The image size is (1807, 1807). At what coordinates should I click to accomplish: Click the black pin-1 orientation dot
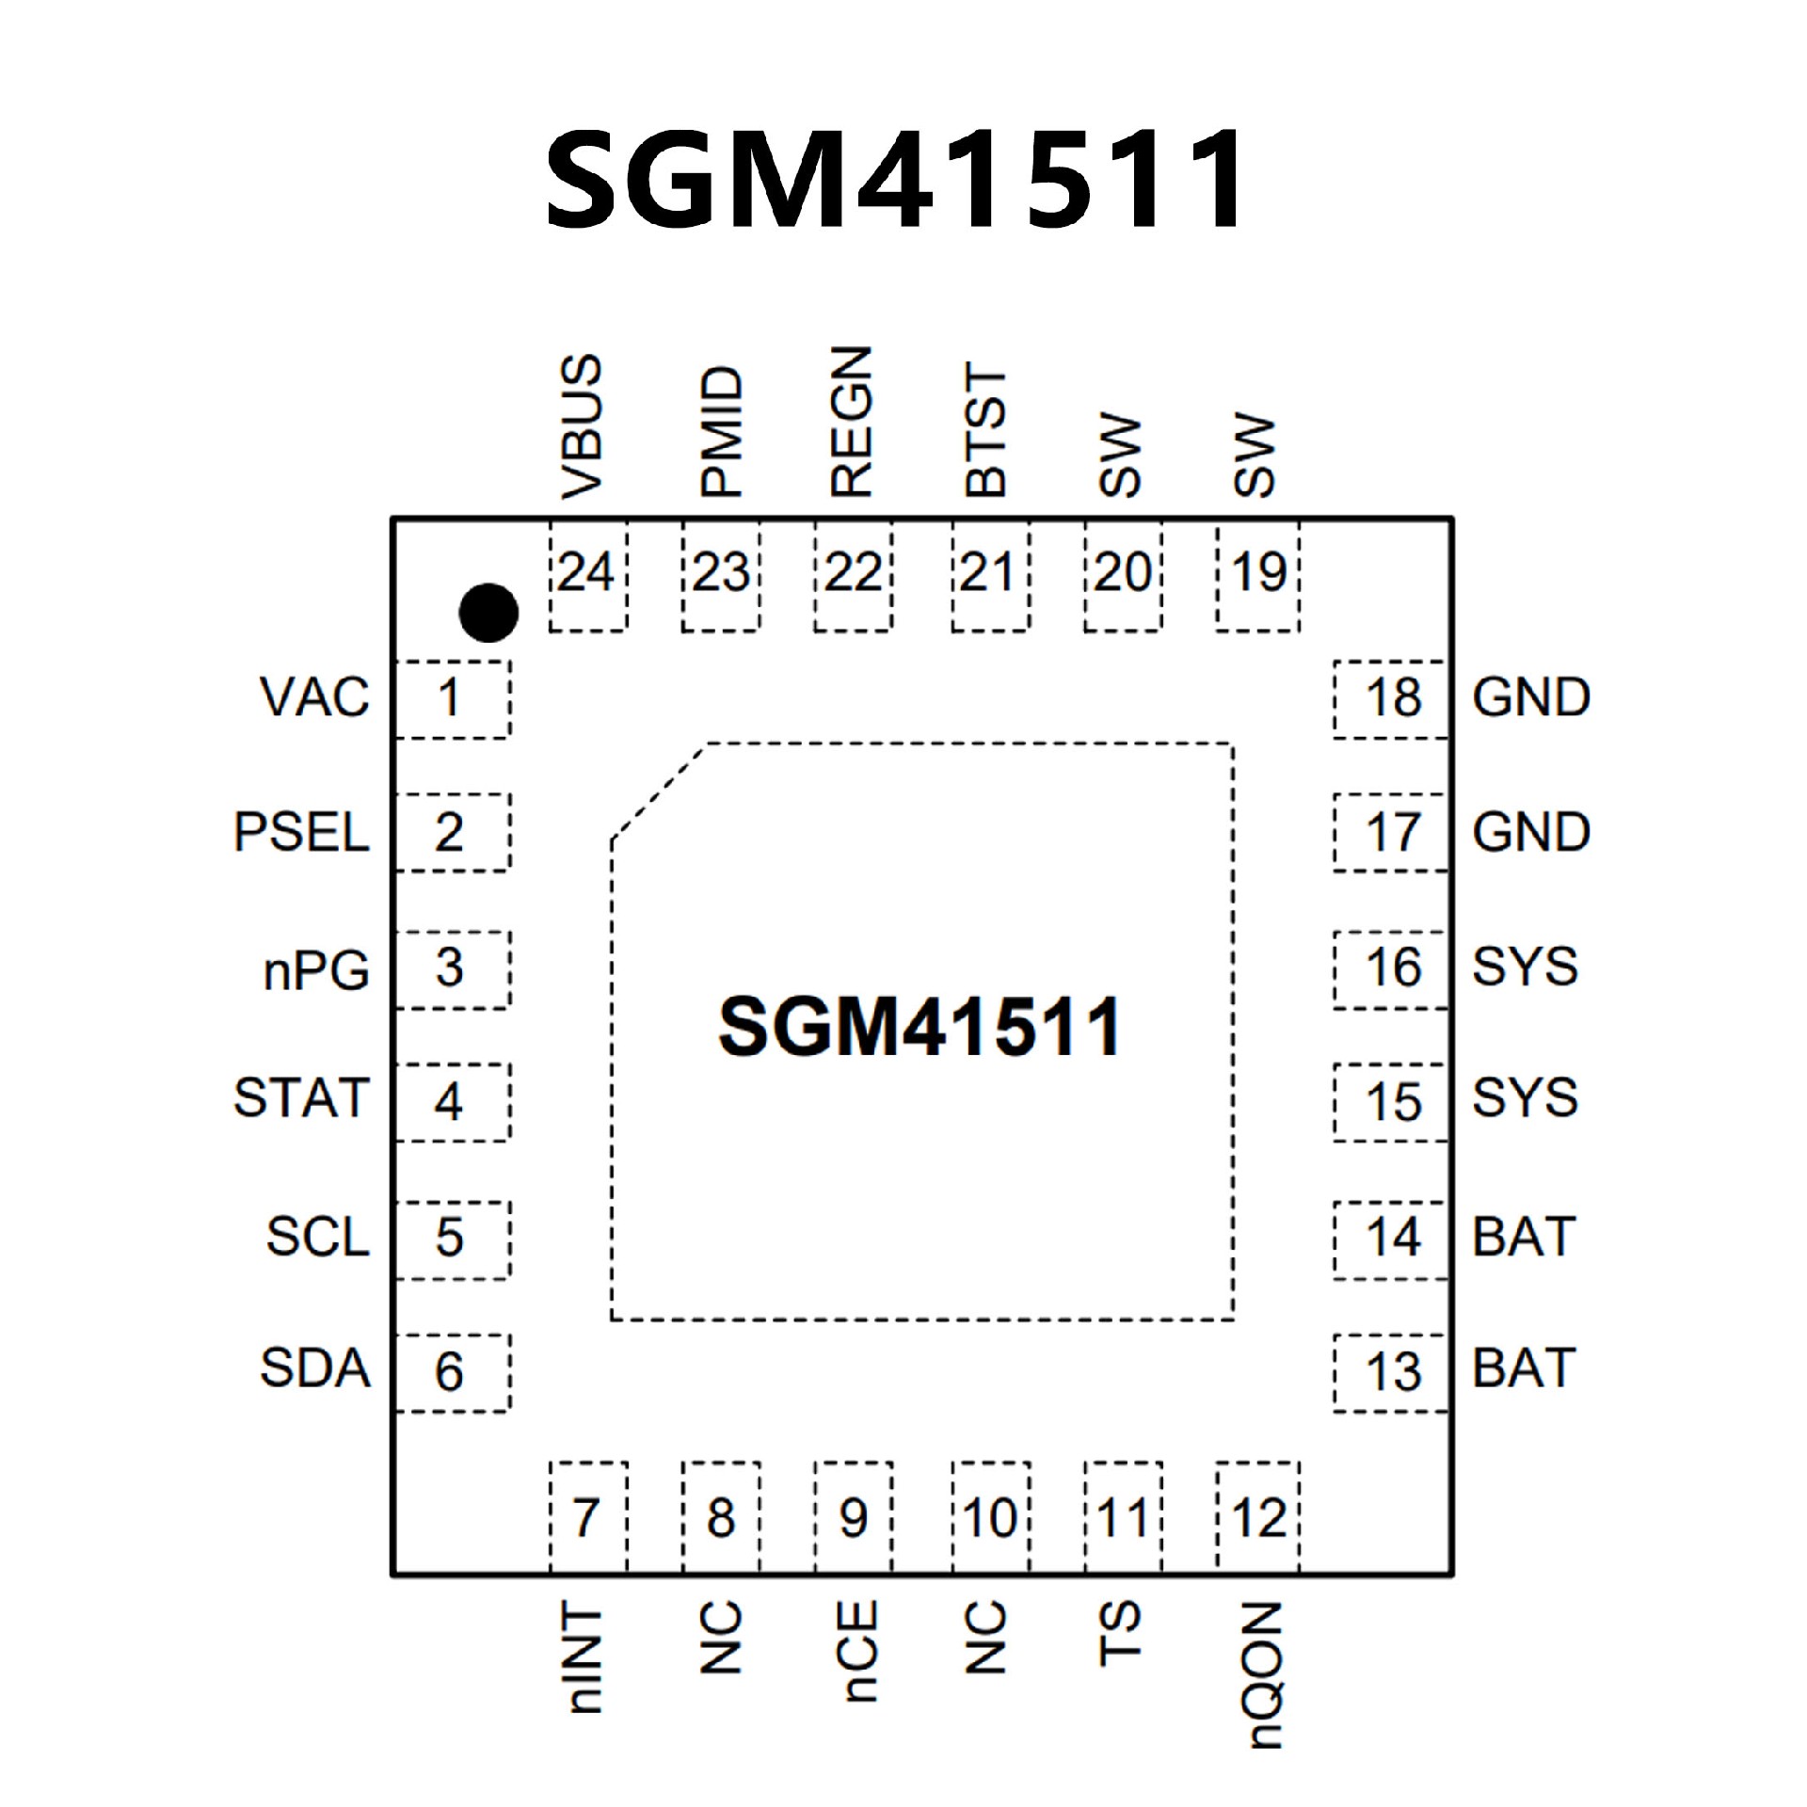(x=488, y=613)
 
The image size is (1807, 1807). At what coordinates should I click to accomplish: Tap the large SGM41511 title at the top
(x=895, y=179)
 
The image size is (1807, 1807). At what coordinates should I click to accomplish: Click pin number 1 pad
(x=451, y=698)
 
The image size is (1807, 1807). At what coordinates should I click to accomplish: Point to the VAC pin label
(x=314, y=698)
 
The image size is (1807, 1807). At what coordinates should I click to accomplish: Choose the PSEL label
(x=301, y=832)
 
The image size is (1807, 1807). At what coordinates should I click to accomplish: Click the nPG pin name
(x=316, y=969)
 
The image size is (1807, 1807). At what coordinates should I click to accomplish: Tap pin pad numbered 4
(x=451, y=1102)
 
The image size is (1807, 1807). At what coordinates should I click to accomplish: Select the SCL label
(x=317, y=1237)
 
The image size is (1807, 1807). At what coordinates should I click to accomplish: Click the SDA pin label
(x=314, y=1369)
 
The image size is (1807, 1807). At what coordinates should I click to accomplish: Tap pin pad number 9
(x=853, y=1517)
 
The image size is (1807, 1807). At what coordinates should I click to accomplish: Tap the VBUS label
(x=581, y=426)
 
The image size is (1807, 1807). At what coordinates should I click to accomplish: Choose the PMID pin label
(x=722, y=432)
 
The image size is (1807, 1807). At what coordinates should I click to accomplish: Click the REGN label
(x=852, y=423)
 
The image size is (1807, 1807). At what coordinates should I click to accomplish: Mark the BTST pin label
(x=986, y=431)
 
